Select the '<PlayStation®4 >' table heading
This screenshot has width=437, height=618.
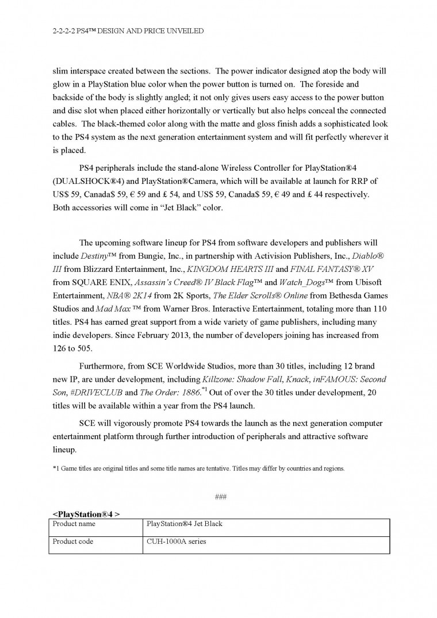coord(86,513)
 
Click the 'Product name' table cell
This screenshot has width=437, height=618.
coord(74,524)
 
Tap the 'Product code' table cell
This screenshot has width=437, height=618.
coord(73,542)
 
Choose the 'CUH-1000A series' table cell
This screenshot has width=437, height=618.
coord(177,542)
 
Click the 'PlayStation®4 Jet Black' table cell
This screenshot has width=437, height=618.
coord(185,524)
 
